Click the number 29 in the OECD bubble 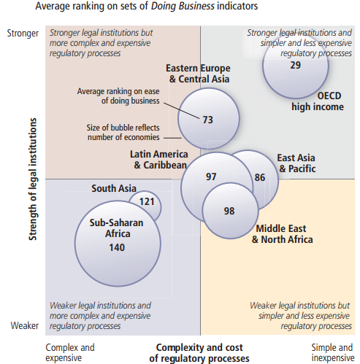coord(295,65)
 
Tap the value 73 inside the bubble coord(207,120)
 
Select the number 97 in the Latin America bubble coord(211,177)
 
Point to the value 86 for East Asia coord(260,177)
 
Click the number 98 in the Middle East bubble coord(229,211)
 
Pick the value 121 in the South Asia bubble coord(147,201)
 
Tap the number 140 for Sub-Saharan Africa coord(117,247)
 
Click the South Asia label coord(114,188)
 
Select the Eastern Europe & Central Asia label coord(199,74)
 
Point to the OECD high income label coord(318,101)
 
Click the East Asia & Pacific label coord(296,163)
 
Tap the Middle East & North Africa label coord(283,234)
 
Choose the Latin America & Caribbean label coord(159,160)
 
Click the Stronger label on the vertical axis coord(23,34)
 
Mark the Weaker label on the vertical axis coord(25,325)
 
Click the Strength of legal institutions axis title coord(33,179)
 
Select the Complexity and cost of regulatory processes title coord(199,353)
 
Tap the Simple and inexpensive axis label coord(333,353)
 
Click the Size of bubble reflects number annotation coord(123,133)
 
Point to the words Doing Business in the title coord(183,6)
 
